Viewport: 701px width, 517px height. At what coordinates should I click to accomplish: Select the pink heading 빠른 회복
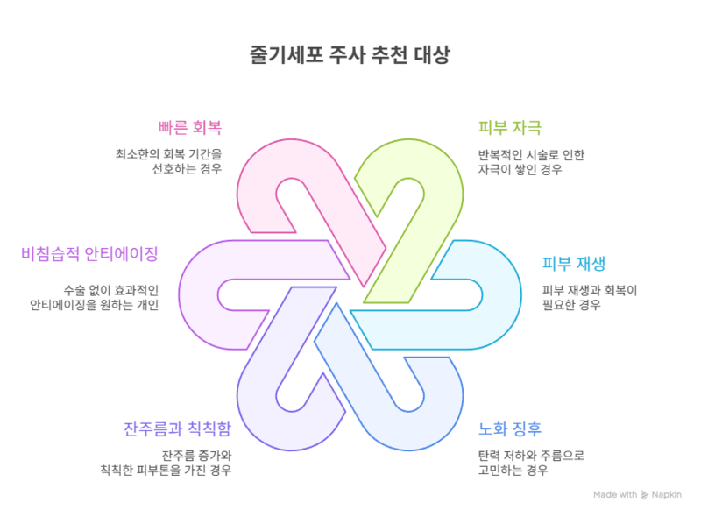[191, 128]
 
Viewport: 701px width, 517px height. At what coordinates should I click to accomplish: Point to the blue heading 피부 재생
[574, 263]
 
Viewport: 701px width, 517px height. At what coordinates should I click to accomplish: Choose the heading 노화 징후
[509, 429]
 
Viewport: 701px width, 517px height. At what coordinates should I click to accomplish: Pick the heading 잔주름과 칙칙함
[178, 429]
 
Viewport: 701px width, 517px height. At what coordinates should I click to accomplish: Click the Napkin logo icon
[645, 494]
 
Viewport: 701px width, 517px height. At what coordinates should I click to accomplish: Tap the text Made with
[615, 494]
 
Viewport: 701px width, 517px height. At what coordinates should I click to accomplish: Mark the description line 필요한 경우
[570, 305]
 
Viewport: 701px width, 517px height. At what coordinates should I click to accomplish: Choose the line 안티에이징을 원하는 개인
[94, 305]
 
